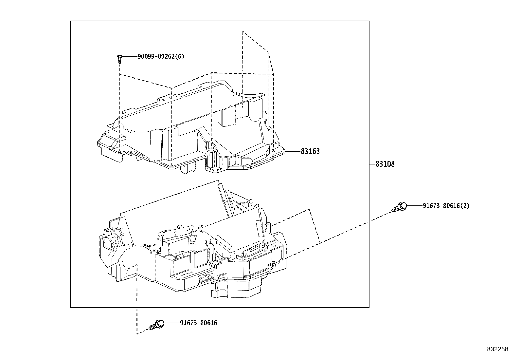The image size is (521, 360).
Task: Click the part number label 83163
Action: (310, 151)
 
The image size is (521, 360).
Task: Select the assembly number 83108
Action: (385, 164)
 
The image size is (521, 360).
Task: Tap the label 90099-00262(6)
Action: (161, 56)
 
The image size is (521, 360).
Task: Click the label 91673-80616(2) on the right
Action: (446, 206)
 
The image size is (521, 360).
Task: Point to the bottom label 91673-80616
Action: (198, 323)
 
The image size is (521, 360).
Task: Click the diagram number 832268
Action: (497, 349)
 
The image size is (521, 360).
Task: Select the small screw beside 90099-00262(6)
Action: (120, 58)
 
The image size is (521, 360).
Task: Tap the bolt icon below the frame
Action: (157, 325)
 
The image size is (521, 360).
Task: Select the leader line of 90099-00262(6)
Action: (129, 56)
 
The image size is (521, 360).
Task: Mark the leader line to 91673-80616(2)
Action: (414, 206)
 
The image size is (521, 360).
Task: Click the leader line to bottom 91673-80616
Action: (171, 323)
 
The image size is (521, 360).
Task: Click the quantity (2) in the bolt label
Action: (466, 206)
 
